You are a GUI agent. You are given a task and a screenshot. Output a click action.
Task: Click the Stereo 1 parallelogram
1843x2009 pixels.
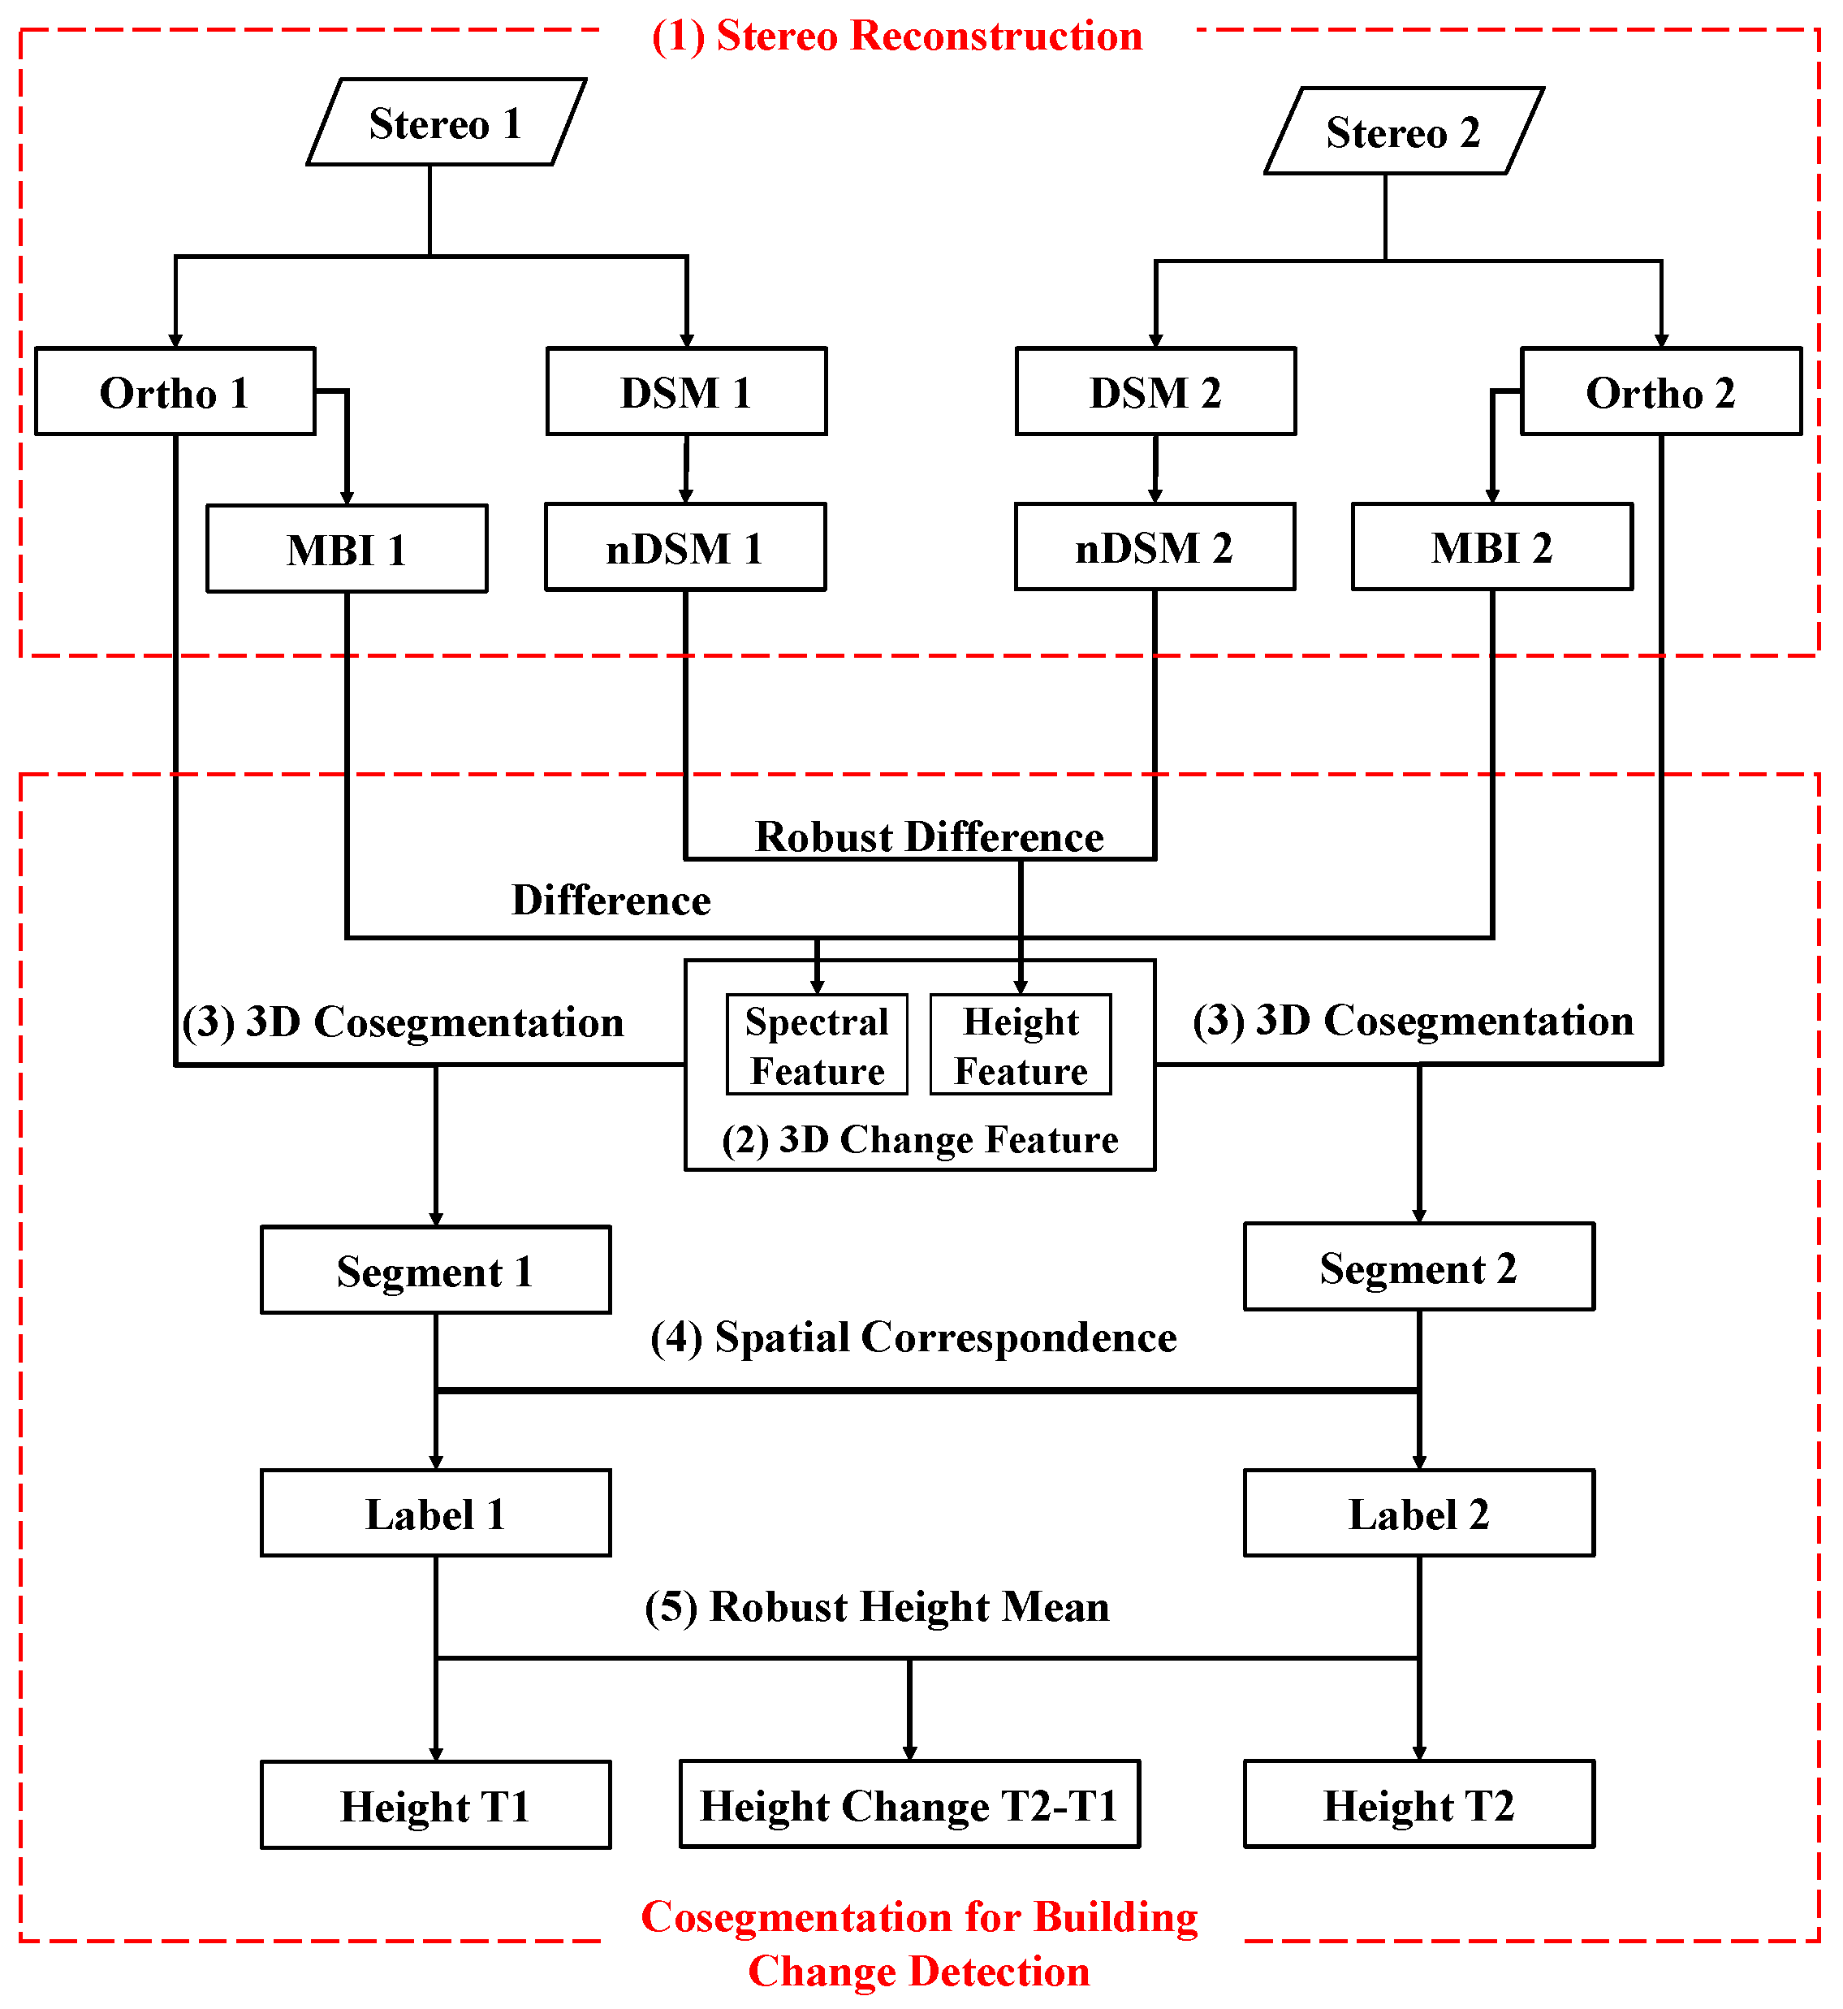pos(446,123)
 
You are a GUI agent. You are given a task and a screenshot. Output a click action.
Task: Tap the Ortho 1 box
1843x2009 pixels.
pos(175,392)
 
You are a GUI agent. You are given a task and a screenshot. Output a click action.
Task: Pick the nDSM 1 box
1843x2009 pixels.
pos(685,547)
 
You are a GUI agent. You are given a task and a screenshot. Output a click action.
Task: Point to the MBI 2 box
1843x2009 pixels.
pos(1492,547)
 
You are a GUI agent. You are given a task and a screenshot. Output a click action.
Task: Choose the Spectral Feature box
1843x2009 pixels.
pos(817,1045)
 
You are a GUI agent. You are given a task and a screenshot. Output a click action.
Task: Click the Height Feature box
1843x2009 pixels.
pos(1021,1045)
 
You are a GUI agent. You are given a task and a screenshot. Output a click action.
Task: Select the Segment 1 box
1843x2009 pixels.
pos(436,1271)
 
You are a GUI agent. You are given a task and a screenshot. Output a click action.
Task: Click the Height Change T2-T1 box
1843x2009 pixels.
pos(909,1805)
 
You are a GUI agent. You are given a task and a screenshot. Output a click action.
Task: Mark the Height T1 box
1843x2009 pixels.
pos(436,1805)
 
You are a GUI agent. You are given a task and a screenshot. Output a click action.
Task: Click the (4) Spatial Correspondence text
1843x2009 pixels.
pos(913,1337)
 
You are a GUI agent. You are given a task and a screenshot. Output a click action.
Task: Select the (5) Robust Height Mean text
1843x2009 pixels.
pos(877,1607)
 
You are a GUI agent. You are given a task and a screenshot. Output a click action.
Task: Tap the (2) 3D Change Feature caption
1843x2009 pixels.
pos(920,1139)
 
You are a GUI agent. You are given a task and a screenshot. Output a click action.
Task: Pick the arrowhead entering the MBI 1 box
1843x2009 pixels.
pos(347,498)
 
